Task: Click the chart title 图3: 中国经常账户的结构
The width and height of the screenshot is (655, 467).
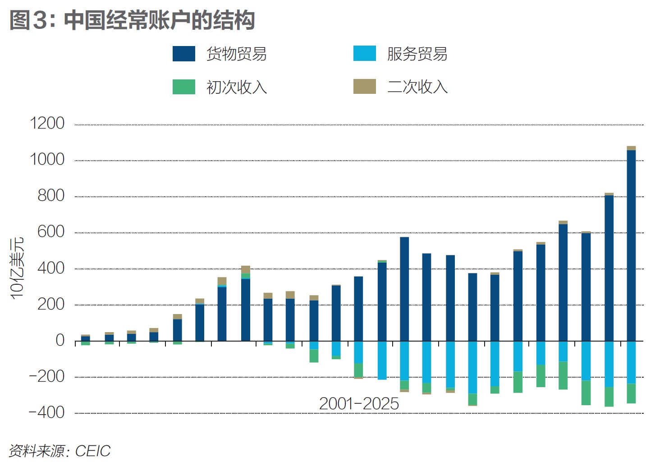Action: (132, 20)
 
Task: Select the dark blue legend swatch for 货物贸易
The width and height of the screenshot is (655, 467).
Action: (184, 54)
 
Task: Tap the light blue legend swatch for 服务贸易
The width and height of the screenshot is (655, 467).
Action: (364, 54)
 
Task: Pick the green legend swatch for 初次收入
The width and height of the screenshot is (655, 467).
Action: (184, 87)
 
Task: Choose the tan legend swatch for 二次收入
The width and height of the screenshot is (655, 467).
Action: (364, 87)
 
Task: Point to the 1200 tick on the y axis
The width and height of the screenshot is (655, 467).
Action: (47, 123)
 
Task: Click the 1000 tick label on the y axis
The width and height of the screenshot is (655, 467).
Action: (47, 159)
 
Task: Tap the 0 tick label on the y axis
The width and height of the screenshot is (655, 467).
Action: (60, 340)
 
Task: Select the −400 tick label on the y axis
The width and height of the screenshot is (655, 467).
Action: (46, 412)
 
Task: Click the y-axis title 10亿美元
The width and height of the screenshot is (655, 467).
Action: (17, 268)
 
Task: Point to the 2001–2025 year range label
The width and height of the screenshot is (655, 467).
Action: (359, 404)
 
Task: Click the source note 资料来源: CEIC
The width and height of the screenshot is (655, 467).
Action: (60, 451)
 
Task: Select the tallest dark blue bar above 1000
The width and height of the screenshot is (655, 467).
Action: (631, 245)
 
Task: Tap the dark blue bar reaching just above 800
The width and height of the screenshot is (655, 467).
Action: (609, 268)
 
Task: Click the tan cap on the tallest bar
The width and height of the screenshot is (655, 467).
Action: (631, 148)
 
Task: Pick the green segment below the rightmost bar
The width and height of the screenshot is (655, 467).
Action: (631, 393)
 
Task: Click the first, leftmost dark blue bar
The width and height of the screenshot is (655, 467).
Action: (86, 338)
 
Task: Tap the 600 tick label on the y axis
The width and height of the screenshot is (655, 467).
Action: (51, 232)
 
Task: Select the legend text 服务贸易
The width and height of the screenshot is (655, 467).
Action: (417, 54)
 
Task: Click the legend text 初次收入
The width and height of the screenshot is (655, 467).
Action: (237, 87)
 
